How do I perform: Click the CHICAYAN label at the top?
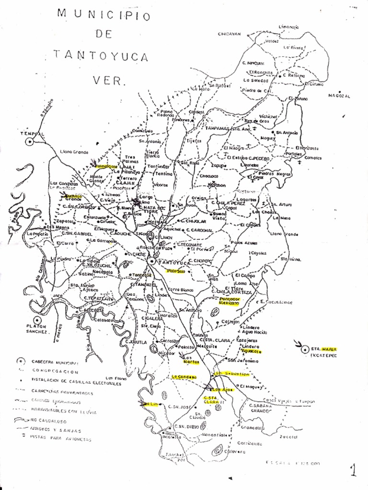click(229, 34)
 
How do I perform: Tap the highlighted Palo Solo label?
click(175, 271)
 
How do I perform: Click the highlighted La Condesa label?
click(184, 377)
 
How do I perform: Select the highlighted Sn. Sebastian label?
click(231, 373)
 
